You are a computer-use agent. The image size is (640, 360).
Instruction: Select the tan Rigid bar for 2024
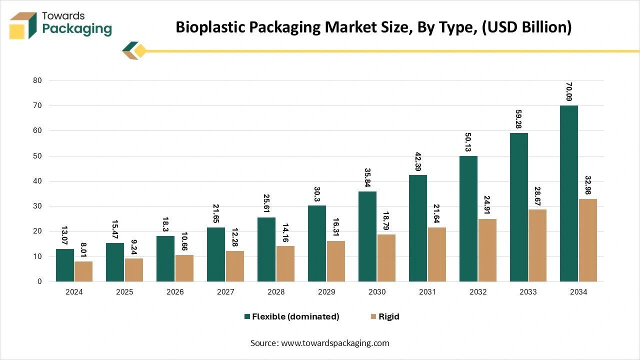pyautogui.click(x=83, y=271)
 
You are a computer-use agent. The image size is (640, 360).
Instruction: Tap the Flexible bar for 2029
pyautogui.click(x=317, y=243)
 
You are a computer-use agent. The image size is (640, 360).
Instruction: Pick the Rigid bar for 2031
pyautogui.click(x=436, y=254)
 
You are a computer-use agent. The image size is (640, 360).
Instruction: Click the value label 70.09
pyautogui.click(x=569, y=91)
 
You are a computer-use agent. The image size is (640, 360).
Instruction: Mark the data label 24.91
pyautogui.click(x=487, y=205)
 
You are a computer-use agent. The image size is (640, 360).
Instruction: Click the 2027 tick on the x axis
pyautogui.click(x=225, y=292)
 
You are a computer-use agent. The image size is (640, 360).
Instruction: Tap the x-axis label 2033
pyautogui.click(x=528, y=292)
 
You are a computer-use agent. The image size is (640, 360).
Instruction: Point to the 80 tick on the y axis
pyautogui.click(x=37, y=80)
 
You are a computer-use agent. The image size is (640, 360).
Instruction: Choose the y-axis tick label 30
pyautogui.click(x=37, y=206)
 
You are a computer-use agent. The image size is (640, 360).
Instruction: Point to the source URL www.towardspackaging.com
pyautogui.click(x=334, y=343)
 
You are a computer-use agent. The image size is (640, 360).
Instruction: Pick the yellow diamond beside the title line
pyautogui.click(x=140, y=50)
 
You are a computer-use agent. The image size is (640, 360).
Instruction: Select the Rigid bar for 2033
pyautogui.click(x=537, y=245)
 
